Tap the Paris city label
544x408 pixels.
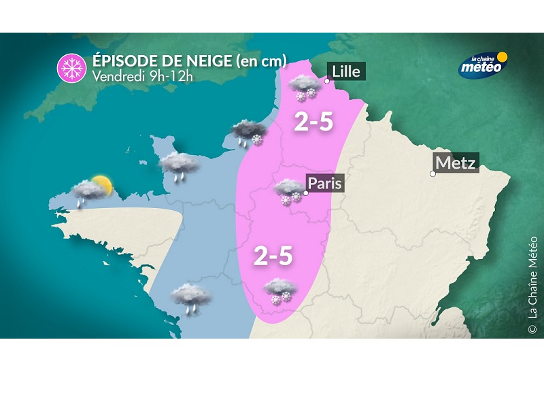pyautogui.click(x=324, y=184)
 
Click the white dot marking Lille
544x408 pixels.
pyautogui.click(x=327, y=81)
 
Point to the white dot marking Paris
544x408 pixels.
pyautogui.click(x=306, y=193)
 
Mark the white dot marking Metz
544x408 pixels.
pyautogui.click(x=432, y=174)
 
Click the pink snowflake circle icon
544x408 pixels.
pyautogui.click(x=70, y=67)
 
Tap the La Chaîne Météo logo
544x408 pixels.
pyautogui.click(x=483, y=65)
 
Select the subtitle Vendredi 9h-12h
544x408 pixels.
pyautogui.click(x=143, y=75)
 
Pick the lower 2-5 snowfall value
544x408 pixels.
pyautogui.click(x=273, y=256)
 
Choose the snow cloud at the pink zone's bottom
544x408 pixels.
pyautogui.click(x=280, y=290)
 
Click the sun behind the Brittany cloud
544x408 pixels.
pyautogui.click(x=101, y=184)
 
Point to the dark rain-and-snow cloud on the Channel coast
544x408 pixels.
pyautogui.click(x=247, y=133)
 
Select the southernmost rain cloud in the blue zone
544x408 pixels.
pyautogui.click(x=191, y=297)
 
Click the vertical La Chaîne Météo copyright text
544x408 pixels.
pyautogui.click(x=532, y=284)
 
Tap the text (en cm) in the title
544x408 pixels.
pyautogui.click(x=261, y=61)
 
